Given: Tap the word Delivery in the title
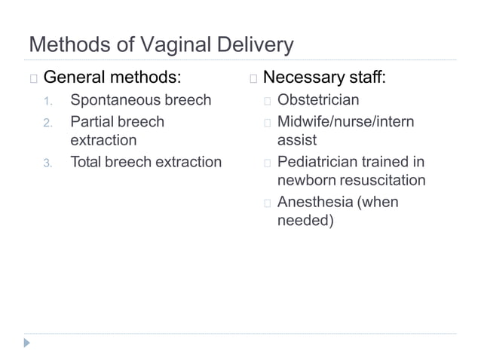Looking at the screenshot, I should coord(257,46).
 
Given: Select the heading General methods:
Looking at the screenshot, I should coord(112,78).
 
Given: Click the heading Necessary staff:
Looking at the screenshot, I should coord(324,78).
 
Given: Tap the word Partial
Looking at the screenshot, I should coord(94,121).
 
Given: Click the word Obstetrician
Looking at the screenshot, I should coord(318,100).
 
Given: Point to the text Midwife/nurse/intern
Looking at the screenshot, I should coord(345,121).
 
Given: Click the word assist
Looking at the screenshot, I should coord(297,140).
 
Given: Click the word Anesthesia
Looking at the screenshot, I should coord(317,202).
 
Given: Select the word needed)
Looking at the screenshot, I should coord(305,221).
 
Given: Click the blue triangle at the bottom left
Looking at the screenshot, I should coord(28,343).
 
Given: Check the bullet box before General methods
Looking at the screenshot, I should coord(32,78).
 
